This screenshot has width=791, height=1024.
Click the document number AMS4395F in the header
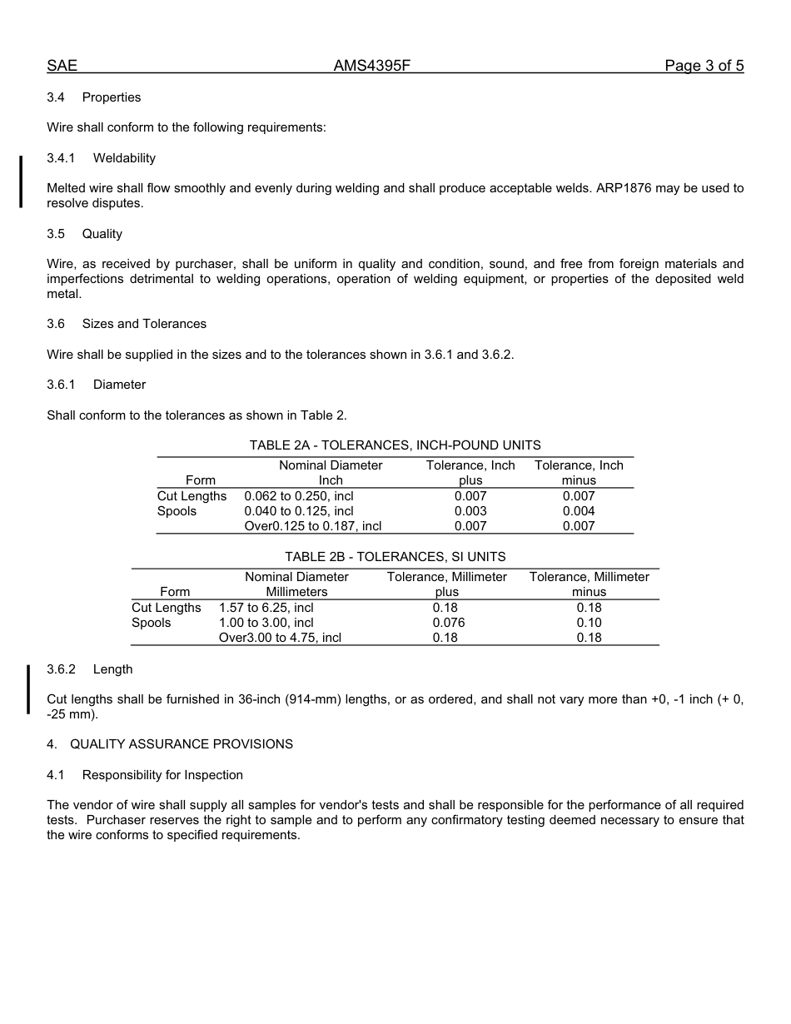371,66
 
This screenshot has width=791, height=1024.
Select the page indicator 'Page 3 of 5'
704,66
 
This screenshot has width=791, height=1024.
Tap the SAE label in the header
62,66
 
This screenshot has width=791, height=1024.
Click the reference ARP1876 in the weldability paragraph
623,188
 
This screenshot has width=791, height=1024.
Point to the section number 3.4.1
61,158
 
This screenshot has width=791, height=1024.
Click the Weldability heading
124,158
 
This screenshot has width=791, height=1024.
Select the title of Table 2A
395,445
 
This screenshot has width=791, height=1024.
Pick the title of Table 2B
395,557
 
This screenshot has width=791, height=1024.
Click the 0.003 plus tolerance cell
470,511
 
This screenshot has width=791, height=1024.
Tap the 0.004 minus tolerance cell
579,511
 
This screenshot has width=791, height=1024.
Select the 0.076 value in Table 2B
448,623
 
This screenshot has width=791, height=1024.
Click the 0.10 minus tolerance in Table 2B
589,623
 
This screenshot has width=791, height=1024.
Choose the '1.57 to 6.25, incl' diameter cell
266,608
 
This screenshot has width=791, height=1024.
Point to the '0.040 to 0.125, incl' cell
298,511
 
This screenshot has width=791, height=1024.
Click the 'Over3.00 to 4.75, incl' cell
280,638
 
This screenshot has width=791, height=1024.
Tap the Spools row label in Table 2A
177,511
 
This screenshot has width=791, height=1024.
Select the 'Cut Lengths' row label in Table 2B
166,608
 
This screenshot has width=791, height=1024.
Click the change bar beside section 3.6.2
28,688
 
